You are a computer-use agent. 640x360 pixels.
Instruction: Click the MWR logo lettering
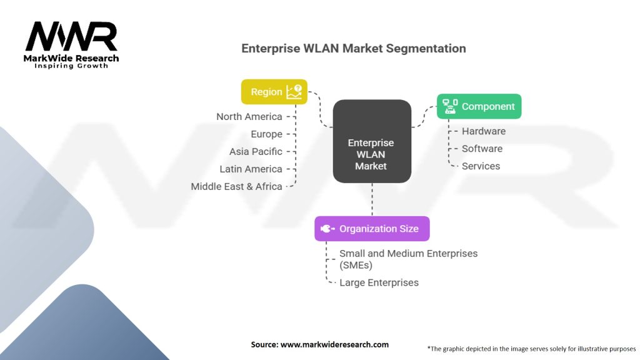click(71, 36)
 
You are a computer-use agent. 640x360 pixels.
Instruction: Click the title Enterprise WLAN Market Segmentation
click(354, 49)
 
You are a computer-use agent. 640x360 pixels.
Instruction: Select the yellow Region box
click(274, 92)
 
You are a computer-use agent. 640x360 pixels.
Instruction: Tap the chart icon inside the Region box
click(294, 92)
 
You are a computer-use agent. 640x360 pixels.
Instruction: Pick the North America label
click(249, 117)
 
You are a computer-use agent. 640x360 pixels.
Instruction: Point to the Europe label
click(266, 134)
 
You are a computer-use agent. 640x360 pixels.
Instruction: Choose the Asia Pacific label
click(256, 151)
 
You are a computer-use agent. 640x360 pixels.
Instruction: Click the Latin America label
click(251, 169)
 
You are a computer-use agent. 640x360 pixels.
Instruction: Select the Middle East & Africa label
click(236, 186)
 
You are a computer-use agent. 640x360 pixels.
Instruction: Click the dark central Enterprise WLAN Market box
click(372, 141)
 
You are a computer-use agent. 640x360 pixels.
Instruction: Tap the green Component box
click(479, 106)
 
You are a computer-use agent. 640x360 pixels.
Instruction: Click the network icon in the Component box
click(450, 106)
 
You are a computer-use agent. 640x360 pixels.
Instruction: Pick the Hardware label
click(484, 131)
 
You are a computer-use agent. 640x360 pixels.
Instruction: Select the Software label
click(482, 149)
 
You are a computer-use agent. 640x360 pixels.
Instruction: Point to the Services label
click(481, 166)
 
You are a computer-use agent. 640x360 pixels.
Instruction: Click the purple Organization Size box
click(372, 229)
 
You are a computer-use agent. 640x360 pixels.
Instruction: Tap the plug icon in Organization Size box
click(327, 229)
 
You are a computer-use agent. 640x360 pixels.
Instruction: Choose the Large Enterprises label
click(379, 282)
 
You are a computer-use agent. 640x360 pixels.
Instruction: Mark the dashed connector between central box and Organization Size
click(372, 199)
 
